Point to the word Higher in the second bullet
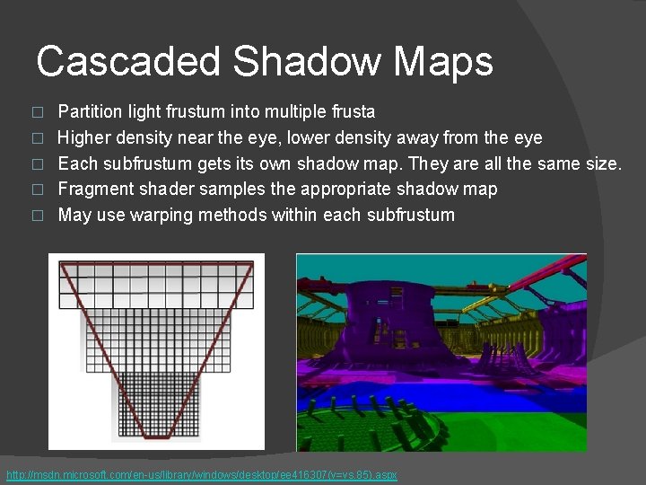pos(83,137)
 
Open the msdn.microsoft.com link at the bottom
pos(201,474)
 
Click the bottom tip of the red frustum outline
pos(157,436)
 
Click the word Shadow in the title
pos(305,62)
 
